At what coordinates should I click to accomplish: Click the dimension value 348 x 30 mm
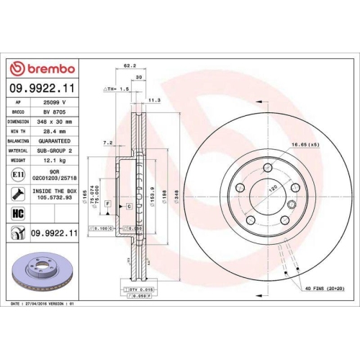tap(55, 122)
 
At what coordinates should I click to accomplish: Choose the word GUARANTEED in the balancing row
tap(55, 142)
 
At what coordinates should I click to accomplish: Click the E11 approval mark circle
tap(17, 175)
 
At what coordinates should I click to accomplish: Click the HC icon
tap(17, 214)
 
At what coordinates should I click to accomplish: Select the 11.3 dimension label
tap(153, 100)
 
